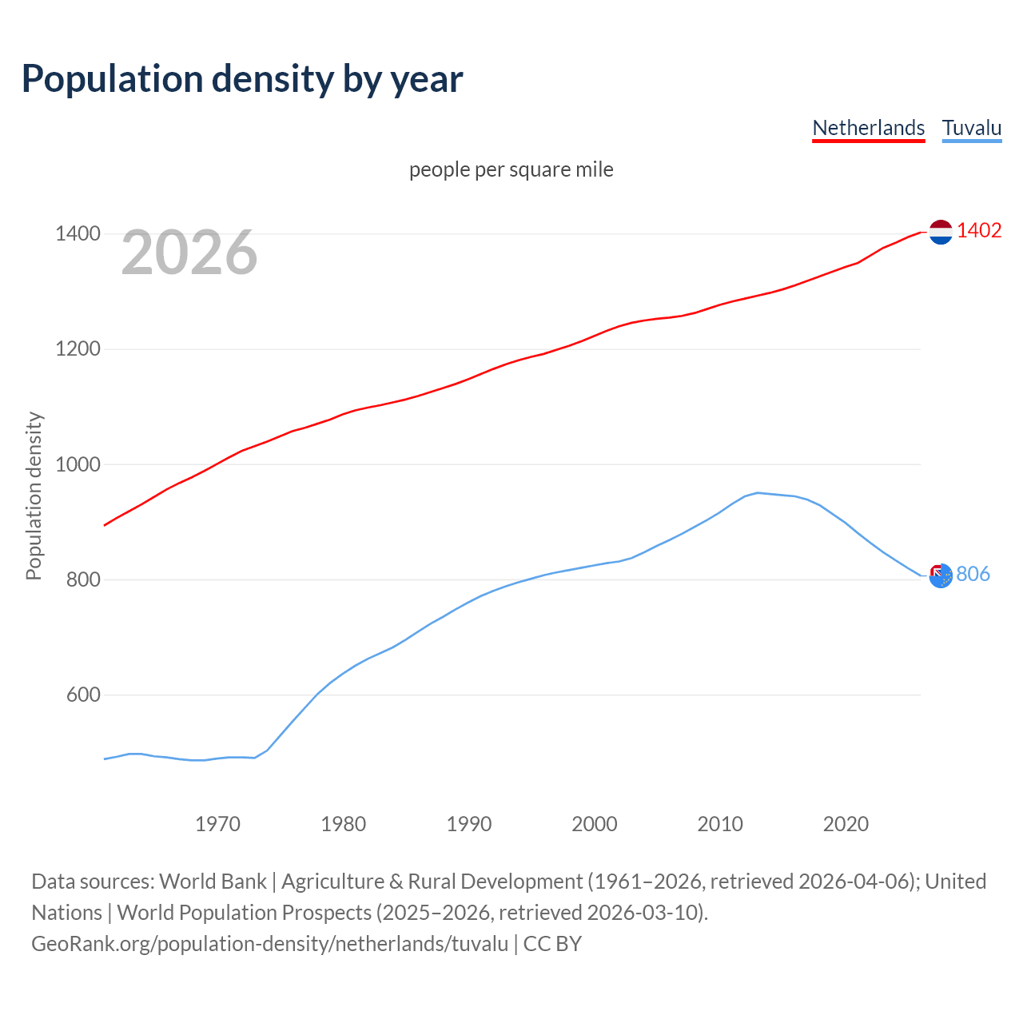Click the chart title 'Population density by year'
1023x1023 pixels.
coord(242,78)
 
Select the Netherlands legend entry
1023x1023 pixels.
coord(868,128)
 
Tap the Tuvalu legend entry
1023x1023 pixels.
coord(971,128)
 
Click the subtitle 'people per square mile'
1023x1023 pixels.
coord(511,169)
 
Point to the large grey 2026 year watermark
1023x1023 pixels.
coord(189,253)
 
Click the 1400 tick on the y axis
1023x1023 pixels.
coord(78,233)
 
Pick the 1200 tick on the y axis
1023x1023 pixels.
coord(78,348)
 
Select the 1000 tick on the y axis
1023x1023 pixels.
coord(78,464)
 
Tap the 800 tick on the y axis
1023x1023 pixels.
coord(83,579)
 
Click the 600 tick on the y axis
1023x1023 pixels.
coord(83,695)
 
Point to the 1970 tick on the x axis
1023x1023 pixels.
coord(217,824)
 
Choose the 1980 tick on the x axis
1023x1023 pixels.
coord(343,824)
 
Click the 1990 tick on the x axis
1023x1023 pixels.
coord(469,824)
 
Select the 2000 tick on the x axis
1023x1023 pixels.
coord(595,824)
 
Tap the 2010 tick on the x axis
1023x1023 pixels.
coord(720,824)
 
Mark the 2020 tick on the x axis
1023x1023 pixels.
coord(846,824)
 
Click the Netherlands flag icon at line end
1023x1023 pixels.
coord(941,232)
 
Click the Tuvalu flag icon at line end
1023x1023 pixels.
coord(941,575)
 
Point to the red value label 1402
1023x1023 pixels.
coord(979,230)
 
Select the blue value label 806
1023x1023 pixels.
coord(973,574)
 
